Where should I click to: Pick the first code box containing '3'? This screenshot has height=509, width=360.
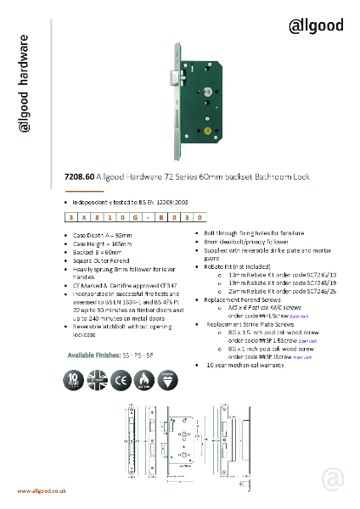tap(59, 218)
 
